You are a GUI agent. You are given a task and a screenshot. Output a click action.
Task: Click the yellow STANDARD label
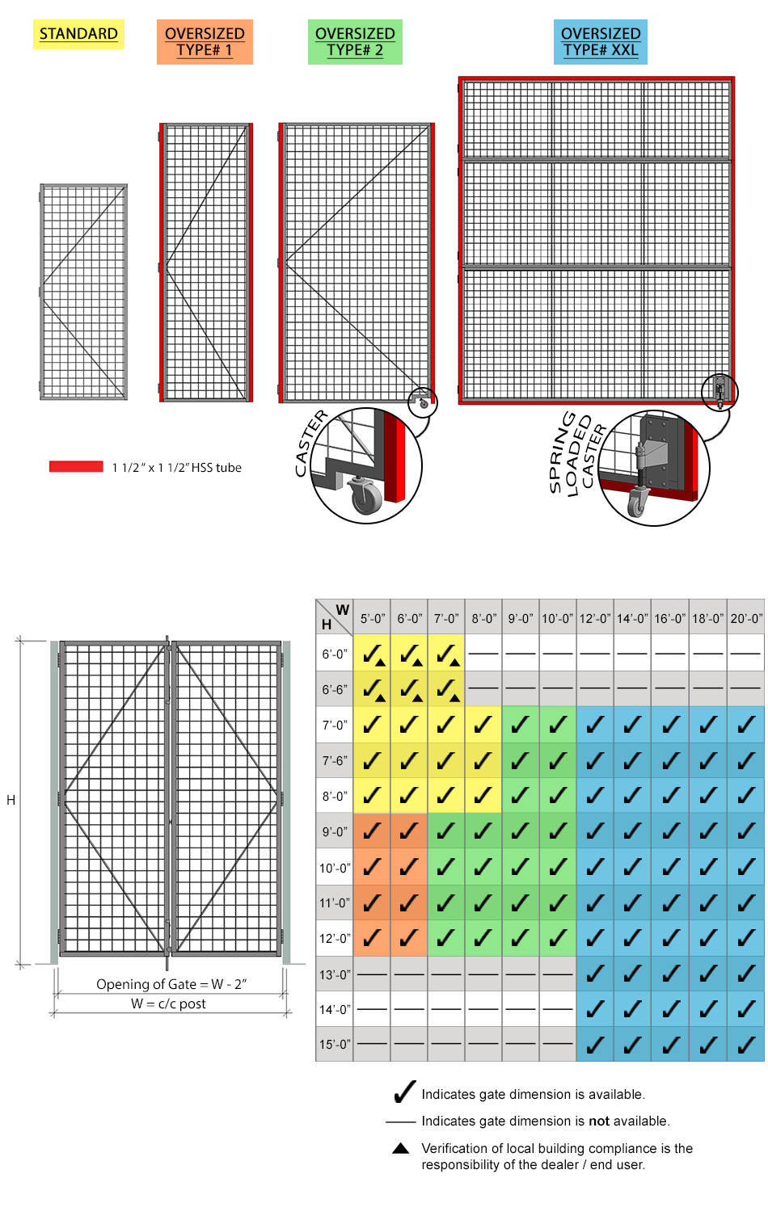tap(78, 34)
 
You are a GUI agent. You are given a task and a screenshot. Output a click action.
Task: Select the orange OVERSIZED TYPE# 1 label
tap(205, 42)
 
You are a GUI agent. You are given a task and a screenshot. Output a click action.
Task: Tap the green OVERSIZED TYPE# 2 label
tap(355, 42)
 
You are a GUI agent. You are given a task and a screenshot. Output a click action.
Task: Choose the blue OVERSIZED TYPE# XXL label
tap(601, 42)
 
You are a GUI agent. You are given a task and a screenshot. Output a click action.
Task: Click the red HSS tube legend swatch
tap(76, 467)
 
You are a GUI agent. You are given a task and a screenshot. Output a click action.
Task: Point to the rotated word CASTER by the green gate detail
tap(310, 443)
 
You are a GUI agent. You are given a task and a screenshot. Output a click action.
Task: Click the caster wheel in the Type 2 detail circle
tap(365, 496)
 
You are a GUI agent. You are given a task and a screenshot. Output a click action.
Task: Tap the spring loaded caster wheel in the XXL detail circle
tap(637, 504)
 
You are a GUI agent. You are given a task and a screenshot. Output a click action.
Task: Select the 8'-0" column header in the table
tap(483, 619)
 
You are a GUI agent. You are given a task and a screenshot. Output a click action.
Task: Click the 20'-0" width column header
tap(746, 619)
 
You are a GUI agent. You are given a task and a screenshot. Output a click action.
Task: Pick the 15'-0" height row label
tap(335, 1044)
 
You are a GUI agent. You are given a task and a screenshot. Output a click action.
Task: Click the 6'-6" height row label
tap(335, 690)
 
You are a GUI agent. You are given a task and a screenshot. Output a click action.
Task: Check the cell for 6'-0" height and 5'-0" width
tap(372, 654)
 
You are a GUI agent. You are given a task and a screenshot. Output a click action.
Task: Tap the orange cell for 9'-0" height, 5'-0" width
tap(372, 831)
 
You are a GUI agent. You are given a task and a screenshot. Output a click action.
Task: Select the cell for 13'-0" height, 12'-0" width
tap(595, 974)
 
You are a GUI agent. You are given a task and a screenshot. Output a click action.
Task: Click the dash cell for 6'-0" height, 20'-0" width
tap(746, 654)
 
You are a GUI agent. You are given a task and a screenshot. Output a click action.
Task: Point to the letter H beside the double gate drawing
tap(11, 800)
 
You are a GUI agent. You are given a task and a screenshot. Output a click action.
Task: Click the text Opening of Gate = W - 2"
tap(171, 984)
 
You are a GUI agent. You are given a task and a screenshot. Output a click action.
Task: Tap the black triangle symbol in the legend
tap(400, 1148)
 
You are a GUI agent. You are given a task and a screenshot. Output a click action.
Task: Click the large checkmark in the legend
tap(404, 1092)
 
